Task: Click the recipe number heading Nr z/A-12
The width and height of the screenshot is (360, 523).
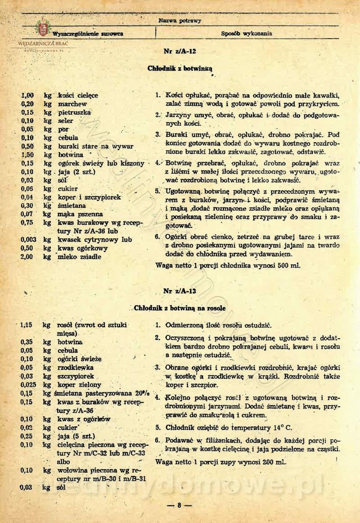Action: (180, 52)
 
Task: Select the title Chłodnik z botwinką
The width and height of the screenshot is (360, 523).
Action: (180, 69)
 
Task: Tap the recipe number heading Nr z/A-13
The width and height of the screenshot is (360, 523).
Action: (180, 291)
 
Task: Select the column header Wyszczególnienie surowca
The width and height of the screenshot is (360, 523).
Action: (88, 34)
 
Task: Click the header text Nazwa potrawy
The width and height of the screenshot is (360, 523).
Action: (180, 21)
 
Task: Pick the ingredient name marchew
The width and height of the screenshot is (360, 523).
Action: (72, 104)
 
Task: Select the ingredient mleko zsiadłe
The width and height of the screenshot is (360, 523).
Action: (79, 256)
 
